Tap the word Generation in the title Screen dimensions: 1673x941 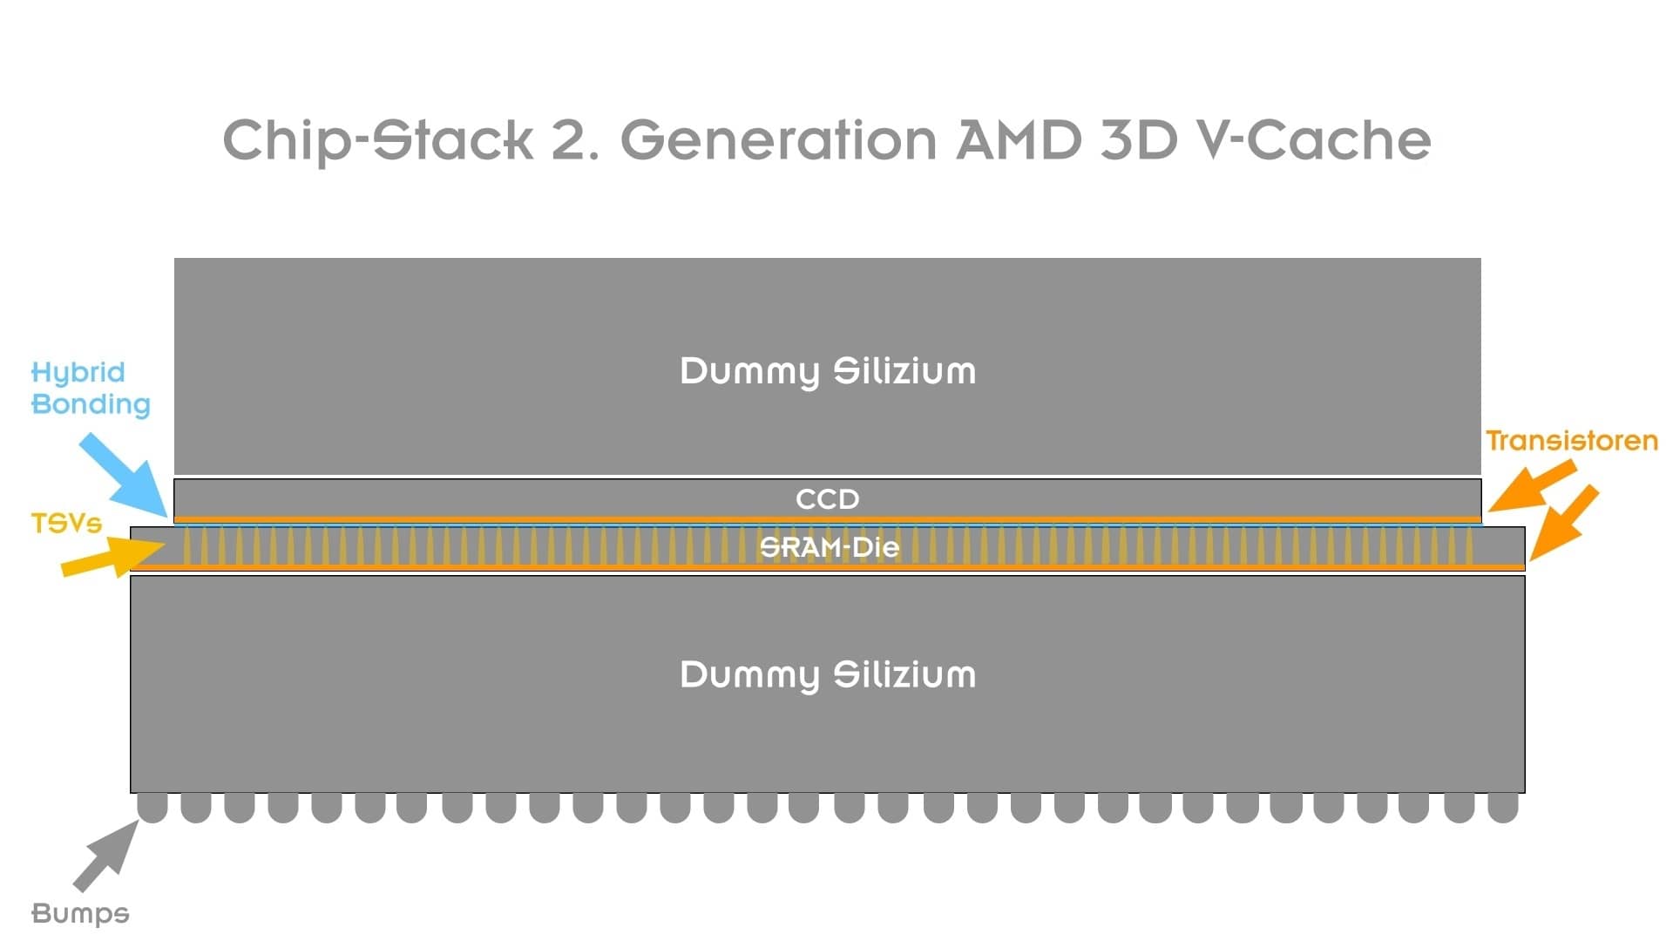click(x=779, y=140)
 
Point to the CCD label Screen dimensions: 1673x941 click(x=828, y=499)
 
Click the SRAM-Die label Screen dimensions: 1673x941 click(x=829, y=547)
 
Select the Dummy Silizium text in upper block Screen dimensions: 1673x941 click(x=828, y=372)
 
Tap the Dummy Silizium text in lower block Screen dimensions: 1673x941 click(x=828, y=675)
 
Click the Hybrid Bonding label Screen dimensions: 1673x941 click(x=91, y=389)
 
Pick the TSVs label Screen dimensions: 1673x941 click(x=66, y=523)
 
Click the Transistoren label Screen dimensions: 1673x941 click(x=1572, y=441)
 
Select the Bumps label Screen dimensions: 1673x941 click(x=80, y=913)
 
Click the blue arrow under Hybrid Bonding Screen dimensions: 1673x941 click(x=125, y=476)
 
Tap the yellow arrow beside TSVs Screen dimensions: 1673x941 click(x=113, y=557)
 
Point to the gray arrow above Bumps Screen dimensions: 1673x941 click(x=106, y=856)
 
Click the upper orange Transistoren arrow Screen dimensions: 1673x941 click(x=1532, y=486)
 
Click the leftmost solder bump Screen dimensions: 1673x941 click(x=152, y=808)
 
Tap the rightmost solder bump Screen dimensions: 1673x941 click(x=1503, y=808)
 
